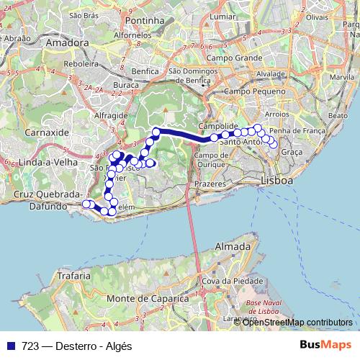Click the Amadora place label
[66, 42]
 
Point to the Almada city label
[229, 246]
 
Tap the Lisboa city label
[276, 180]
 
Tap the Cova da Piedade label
[231, 280]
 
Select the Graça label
[292, 153]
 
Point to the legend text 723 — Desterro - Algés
[76, 346]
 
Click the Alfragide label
[111, 114]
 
